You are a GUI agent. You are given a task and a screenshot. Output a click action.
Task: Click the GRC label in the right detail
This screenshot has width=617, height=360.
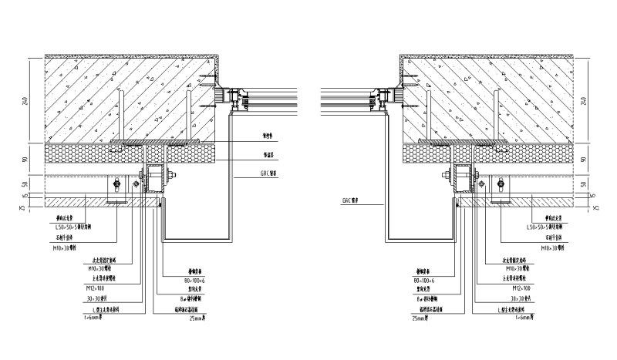tap(352, 199)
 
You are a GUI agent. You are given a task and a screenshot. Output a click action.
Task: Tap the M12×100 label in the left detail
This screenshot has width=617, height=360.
tap(93, 288)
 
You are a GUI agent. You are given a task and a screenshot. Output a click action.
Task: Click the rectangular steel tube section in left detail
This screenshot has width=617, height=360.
tap(157, 179)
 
